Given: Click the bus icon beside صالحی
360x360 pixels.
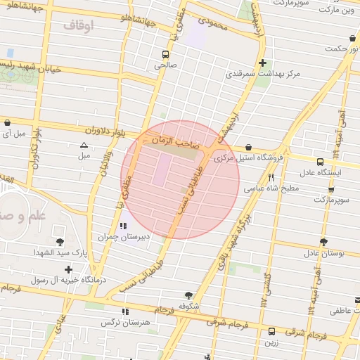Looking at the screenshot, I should click(165, 54).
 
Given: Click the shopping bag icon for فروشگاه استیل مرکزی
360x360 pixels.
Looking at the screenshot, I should click(250, 147).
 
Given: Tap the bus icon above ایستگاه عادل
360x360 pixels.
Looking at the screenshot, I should click(320, 162).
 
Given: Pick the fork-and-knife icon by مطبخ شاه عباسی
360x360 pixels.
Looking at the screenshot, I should click(271, 178).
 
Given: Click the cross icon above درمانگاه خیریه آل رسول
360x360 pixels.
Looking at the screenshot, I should click(68, 269).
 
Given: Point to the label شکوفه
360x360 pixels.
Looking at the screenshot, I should click(188, 306).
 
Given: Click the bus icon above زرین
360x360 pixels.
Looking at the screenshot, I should click(272, 331).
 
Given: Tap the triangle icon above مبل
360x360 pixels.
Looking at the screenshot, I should click(84, 145).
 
